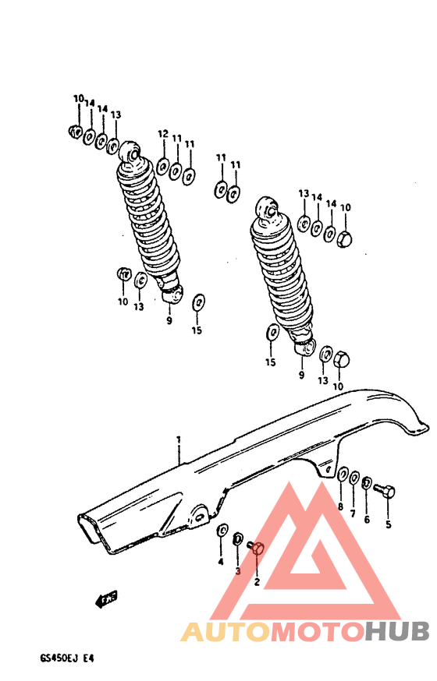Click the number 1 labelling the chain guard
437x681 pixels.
(179, 440)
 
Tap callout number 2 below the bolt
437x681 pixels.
(257, 581)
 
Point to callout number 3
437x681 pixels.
(238, 571)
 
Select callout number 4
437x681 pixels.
(220, 562)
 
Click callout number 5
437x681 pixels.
(388, 524)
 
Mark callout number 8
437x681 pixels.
(340, 507)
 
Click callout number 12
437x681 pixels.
(162, 134)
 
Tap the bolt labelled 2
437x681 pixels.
(257, 549)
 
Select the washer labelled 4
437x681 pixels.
(222, 530)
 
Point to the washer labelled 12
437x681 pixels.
(162, 166)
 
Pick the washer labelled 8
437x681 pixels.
(343, 473)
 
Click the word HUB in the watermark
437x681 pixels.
(396, 631)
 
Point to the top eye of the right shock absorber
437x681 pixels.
(265, 209)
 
